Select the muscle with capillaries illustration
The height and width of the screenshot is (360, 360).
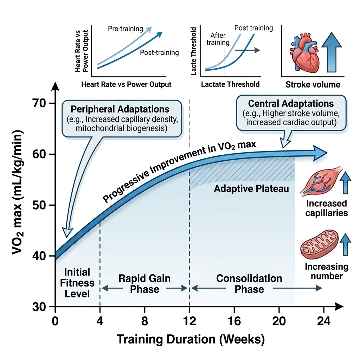(321, 181)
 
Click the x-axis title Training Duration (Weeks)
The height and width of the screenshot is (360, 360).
(190, 340)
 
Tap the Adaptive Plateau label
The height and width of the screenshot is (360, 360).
(251, 189)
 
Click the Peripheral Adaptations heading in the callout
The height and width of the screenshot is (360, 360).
(121, 109)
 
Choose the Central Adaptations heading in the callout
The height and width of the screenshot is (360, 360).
(291, 104)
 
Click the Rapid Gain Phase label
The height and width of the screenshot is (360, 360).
(144, 284)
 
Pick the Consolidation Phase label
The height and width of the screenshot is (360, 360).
(249, 284)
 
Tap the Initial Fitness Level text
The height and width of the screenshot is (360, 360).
(77, 283)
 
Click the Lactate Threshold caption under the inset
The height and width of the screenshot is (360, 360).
(230, 84)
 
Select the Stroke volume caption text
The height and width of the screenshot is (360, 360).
(313, 85)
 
